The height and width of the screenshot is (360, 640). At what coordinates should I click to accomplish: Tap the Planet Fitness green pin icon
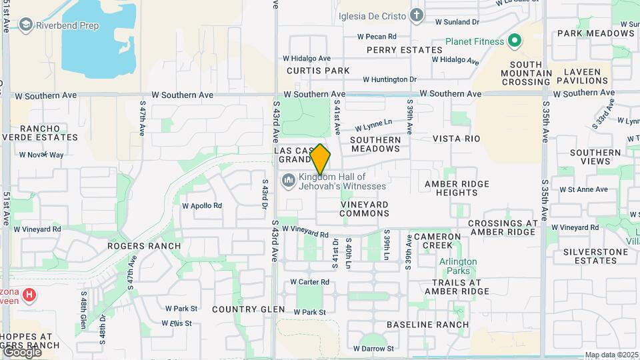[x=514, y=41]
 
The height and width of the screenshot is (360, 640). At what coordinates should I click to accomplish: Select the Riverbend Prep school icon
[x=26, y=25]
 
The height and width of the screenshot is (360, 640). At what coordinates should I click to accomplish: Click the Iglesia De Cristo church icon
[x=417, y=15]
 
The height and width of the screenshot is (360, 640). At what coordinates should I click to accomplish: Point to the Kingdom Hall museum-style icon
[x=289, y=180]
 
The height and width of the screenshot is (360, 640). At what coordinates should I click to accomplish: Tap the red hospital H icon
[x=29, y=294]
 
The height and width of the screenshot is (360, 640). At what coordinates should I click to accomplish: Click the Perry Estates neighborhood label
[x=404, y=50]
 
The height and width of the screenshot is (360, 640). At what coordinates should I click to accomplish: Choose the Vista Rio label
[x=456, y=139]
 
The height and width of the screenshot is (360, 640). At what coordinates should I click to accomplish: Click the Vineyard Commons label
[x=364, y=209]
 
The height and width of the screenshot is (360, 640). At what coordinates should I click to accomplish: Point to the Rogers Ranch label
[x=144, y=246]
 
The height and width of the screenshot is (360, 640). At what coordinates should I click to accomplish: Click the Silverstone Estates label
[x=595, y=257]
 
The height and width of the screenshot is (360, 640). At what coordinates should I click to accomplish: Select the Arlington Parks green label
[x=458, y=266]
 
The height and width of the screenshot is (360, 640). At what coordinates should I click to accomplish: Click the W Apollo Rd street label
[x=202, y=206]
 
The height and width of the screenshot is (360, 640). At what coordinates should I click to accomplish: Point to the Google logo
[x=21, y=351]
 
